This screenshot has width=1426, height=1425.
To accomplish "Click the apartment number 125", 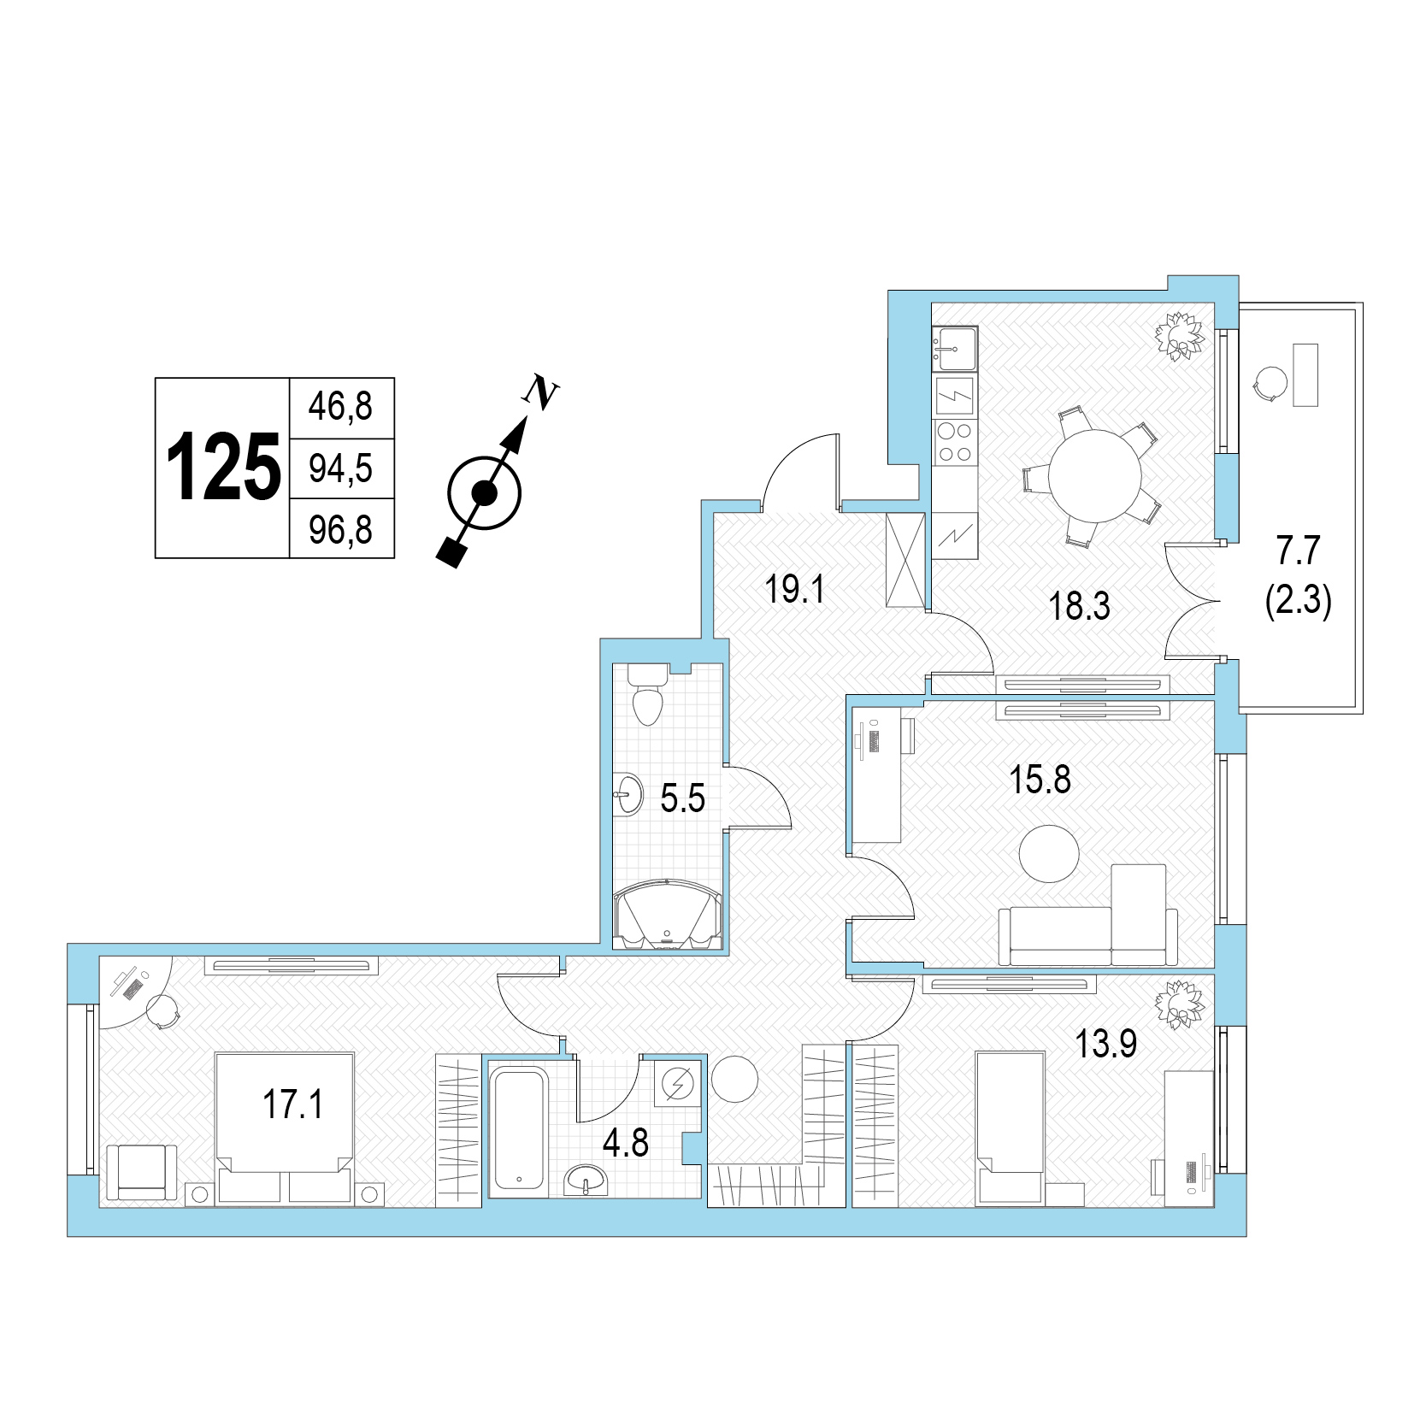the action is (x=223, y=467).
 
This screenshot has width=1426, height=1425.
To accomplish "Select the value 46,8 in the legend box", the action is (x=340, y=406).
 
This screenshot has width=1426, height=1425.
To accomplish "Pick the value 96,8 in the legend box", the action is (x=340, y=530).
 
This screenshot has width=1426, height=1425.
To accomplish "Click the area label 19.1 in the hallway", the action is (x=794, y=589).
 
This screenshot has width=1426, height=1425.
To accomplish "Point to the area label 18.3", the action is (x=1079, y=606).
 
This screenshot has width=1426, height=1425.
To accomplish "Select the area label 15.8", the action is (x=1040, y=780).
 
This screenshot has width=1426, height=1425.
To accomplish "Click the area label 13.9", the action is (x=1106, y=1044).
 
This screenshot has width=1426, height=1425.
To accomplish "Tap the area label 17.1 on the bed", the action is (x=293, y=1104).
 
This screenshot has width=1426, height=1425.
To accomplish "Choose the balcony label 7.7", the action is (x=1299, y=551).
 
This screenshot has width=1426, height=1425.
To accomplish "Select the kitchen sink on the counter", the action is (x=954, y=348).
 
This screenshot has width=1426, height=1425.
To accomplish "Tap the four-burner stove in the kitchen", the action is (x=954, y=443).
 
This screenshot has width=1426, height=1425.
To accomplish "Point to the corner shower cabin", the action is (x=669, y=915).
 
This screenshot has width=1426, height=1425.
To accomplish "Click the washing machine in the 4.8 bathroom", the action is (x=679, y=1084).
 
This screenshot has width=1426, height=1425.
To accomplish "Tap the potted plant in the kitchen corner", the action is (x=1181, y=336).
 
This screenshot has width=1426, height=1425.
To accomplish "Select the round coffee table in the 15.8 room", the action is (x=1049, y=853).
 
